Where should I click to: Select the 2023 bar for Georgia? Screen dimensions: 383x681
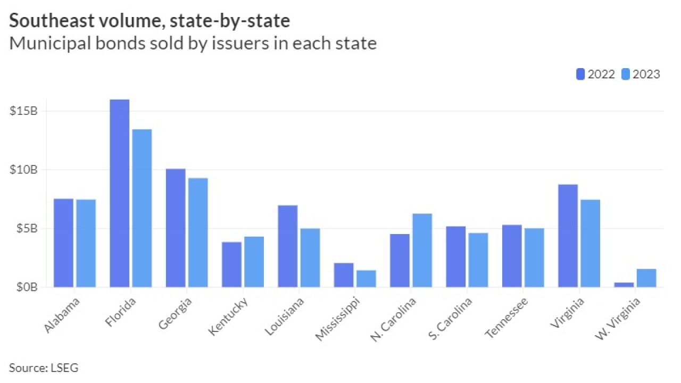click(198, 232)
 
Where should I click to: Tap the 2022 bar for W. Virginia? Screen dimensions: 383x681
click(624, 285)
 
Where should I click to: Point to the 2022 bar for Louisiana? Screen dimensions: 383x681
click(288, 246)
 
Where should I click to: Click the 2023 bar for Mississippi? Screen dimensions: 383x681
click(366, 278)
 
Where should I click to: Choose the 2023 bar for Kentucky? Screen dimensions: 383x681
click(254, 262)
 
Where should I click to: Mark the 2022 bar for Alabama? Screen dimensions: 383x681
click(63, 243)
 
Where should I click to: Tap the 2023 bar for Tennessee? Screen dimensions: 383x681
click(534, 257)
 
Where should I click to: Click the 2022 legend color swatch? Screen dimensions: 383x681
click(580, 74)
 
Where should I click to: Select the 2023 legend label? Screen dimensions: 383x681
click(647, 74)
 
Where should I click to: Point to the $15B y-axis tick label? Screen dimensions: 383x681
click(23, 111)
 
